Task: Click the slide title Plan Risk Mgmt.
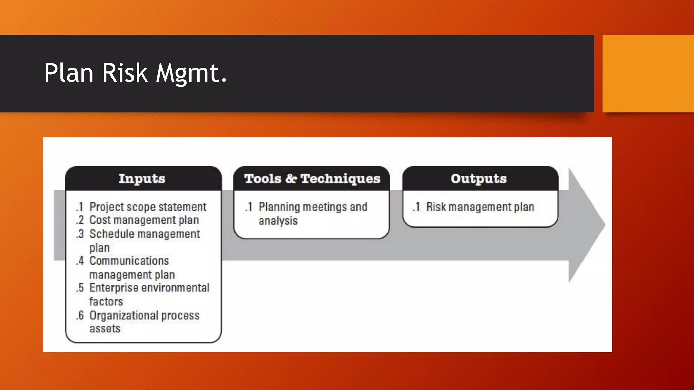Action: pyautogui.click(x=135, y=73)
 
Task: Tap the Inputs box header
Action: pyautogui.click(x=142, y=178)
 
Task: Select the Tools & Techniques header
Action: pyautogui.click(x=312, y=178)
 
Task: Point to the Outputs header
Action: pyautogui.click(x=478, y=178)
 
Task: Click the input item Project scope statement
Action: pyautogui.click(x=148, y=207)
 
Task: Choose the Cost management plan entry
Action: pyautogui.click(x=144, y=220)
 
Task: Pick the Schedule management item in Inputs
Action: pyautogui.click(x=145, y=234)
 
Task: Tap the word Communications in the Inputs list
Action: pyautogui.click(x=129, y=261)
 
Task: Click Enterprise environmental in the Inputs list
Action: pyautogui.click(x=149, y=288)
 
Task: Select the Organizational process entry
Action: pyautogui.click(x=144, y=315)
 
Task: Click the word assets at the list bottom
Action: pyautogui.click(x=105, y=328)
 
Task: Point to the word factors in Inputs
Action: pyautogui.click(x=106, y=301)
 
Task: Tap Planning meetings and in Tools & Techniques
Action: pyautogui.click(x=313, y=207)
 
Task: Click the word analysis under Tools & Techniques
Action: pyautogui.click(x=278, y=221)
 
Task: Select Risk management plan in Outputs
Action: pyautogui.click(x=480, y=207)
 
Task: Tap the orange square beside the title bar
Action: pyautogui.click(x=648, y=73)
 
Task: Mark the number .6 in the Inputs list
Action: pyautogui.click(x=80, y=315)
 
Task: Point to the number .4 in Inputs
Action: pyautogui.click(x=80, y=261)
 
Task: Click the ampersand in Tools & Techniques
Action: pyautogui.click(x=291, y=178)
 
